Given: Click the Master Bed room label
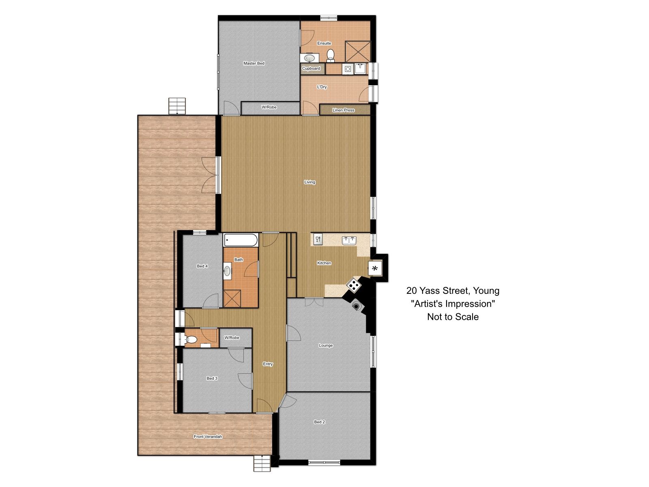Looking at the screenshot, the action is coord(254,63).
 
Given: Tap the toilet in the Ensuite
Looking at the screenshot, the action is coord(330,56).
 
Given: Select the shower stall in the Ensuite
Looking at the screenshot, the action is coord(358,52).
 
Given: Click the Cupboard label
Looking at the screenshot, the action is coord(311,68).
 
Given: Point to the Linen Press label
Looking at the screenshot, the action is coord(343,110).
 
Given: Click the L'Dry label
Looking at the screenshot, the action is coord(322,87).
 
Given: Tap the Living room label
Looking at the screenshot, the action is coord(309,182).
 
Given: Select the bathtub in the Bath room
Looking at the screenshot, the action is coord(241,240).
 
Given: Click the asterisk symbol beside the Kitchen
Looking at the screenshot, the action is coord(375,269).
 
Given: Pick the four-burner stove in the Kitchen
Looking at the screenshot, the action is coord(354,285).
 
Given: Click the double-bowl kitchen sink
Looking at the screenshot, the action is coord(349,240).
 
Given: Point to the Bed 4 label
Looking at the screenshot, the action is coord(202,266).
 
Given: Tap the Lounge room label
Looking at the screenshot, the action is coord(326,345).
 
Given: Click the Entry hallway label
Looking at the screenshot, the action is coord(268,364).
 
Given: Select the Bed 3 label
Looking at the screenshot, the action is coord(212,378).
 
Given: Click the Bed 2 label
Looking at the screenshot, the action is coord(319,422).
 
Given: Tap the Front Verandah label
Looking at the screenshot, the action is coord(208,436).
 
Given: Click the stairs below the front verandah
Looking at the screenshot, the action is coord(262,463).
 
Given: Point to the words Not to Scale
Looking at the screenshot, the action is coord(453,317).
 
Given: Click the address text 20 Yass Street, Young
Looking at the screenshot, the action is coord(453,291).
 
